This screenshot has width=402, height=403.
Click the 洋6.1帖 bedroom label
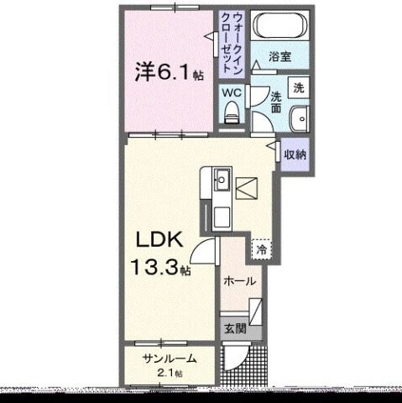point(169,73)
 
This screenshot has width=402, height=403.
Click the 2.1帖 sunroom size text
point(170,373)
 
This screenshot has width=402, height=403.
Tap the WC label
point(231,93)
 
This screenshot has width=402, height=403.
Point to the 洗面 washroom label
point(275,98)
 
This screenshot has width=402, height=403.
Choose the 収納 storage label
point(294,154)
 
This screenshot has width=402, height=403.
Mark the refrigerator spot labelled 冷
point(262,249)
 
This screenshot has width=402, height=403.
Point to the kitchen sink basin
point(223,179)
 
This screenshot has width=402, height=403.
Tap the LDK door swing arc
point(205,249)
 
